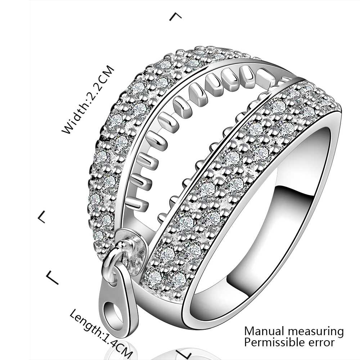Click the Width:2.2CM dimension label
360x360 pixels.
coord(88,100)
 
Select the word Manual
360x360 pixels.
coord(264,331)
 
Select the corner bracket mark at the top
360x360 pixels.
coord(175,16)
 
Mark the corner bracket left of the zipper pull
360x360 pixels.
coord(52,278)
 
